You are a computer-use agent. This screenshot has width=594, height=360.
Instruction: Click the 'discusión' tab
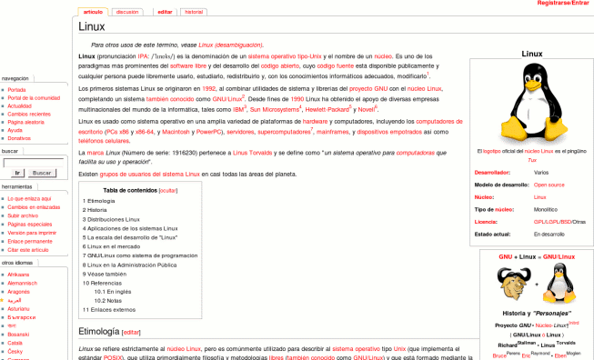[128, 12]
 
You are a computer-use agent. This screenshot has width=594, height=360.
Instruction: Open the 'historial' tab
[194, 12]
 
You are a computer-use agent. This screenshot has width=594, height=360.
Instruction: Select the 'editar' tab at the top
[165, 12]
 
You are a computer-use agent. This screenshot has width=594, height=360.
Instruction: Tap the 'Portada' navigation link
[17, 90]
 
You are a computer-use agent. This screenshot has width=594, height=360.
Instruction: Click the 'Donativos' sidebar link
[20, 138]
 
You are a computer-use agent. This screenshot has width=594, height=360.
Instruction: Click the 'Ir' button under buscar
[17, 173]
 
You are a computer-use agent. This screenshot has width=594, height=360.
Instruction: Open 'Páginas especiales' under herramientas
[30, 224]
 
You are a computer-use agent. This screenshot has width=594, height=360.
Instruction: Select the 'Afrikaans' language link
[18, 274]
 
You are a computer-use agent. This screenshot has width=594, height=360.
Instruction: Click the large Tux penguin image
[532, 101]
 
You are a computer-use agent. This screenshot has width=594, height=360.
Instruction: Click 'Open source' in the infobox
[549, 184]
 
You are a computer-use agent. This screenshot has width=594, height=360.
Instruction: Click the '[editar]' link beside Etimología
[131, 333]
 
